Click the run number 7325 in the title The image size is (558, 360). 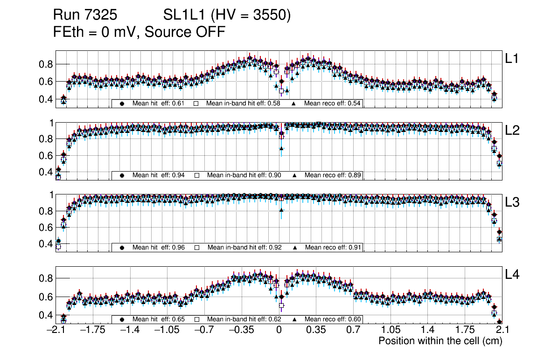tap(101, 15)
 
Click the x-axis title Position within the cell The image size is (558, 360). tap(440, 341)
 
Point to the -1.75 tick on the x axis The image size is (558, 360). tap(92, 331)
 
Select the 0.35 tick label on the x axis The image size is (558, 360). tap(316, 331)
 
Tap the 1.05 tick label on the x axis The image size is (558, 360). tap(390, 331)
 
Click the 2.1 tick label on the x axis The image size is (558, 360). tap(502, 331)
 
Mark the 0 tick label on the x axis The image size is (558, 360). tap(279, 331)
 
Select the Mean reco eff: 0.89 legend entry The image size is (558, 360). tap(333, 175)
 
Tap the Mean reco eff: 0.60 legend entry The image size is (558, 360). tap(333, 319)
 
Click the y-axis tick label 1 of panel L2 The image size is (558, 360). tap(52, 123)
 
